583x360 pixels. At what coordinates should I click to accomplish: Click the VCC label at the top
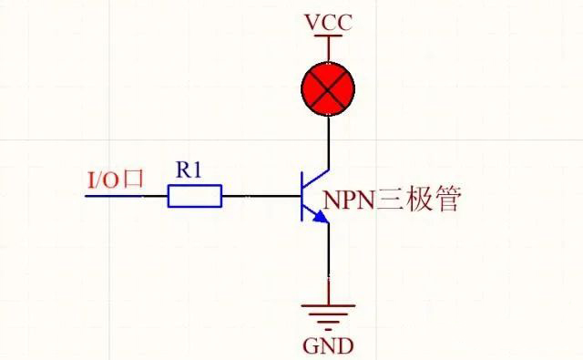(327, 21)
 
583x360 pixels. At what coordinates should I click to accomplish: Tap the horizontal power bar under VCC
(327, 36)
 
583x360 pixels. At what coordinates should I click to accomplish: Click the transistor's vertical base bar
(303, 195)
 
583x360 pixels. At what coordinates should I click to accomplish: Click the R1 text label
(189, 170)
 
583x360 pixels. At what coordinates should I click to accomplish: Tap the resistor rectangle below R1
(195, 195)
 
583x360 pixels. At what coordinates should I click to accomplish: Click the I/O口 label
(115, 179)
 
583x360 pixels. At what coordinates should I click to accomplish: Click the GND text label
(327, 347)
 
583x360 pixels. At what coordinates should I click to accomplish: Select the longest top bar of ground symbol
(327, 309)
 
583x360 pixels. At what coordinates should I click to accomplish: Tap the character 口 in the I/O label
(134, 180)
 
